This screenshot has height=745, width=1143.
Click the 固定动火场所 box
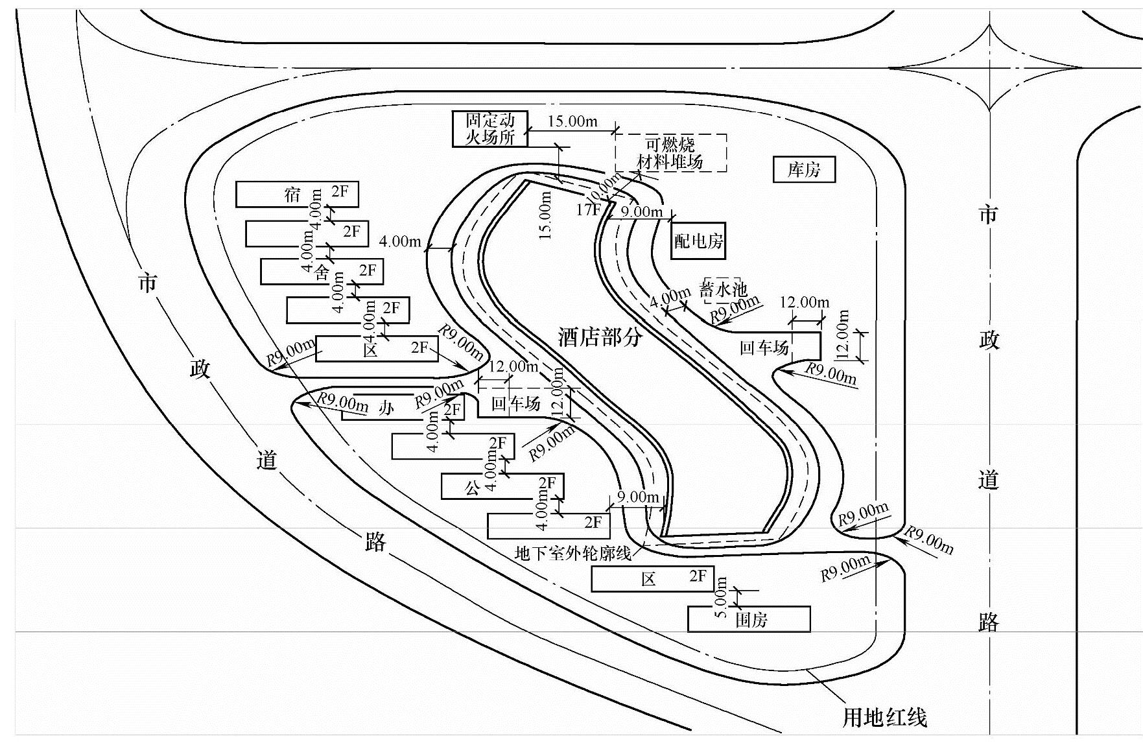[x=489, y=128]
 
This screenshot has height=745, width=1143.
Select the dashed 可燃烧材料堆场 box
[x=670, y=153]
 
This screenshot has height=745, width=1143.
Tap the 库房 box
[x=804, y=170]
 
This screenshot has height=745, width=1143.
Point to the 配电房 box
[x=698, y=241]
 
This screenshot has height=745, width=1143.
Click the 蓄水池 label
[x=724, y=289]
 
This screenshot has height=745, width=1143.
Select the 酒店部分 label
[x=600, y=337]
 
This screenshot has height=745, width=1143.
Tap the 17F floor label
[x=588, y=209]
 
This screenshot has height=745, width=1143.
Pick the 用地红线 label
[x=884, y=717]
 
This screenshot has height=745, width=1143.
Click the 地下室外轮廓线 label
[x=572, y=553]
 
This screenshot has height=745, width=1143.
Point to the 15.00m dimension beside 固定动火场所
[x=572, y=121]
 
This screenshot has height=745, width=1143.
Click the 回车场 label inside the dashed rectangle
[x=515, y=404]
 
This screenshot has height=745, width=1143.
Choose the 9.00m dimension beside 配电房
[x=641, y=211]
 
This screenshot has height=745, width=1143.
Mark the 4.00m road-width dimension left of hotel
[x=400, y=242]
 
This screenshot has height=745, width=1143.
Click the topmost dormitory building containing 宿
[x=297, y=195]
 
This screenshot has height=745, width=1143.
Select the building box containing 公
[x=502, y=486]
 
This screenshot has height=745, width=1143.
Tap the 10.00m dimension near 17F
[x=604, y=187]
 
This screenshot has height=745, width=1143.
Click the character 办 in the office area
[x=386, y=408]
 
